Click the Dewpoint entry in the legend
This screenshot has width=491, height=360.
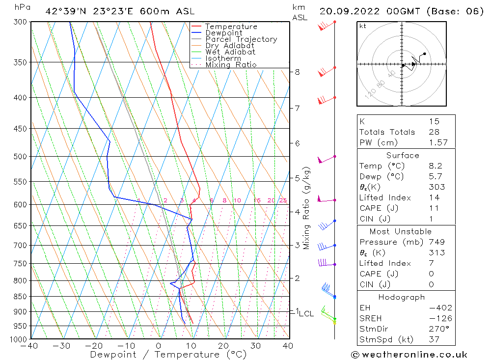(223, 33)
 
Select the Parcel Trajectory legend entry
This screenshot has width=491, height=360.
(241, 39)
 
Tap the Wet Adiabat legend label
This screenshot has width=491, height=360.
(230, 52)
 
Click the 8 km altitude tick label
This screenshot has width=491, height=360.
(297, 72)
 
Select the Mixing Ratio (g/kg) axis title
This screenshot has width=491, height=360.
(307, 208)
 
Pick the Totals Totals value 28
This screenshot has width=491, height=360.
(434, 132)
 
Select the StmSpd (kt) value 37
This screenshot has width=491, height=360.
(434, 339)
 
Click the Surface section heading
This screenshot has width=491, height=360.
(403, 155)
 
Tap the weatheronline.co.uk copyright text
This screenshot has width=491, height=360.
(409, 355)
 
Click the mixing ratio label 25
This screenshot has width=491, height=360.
(283, 200)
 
